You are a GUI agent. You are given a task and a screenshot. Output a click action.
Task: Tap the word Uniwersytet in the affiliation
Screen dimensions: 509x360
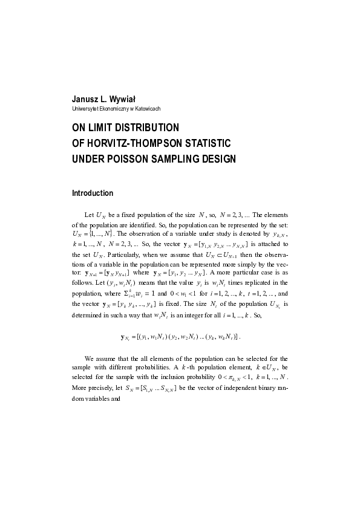click(85, 109)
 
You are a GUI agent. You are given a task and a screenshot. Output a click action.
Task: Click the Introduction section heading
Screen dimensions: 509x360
click(93, 193)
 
